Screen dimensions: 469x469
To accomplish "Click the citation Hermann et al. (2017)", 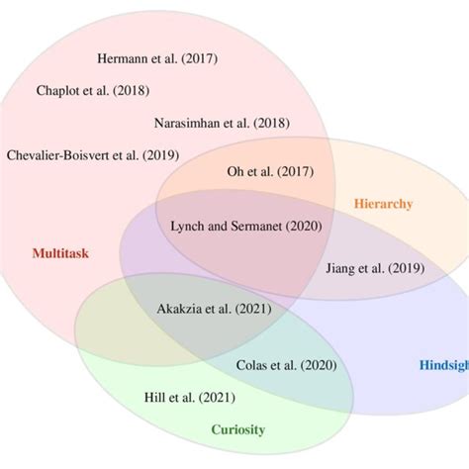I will click(159, 57).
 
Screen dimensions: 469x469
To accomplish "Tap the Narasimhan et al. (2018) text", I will click(222, 123).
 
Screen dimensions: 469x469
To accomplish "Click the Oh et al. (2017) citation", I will click(269, 171).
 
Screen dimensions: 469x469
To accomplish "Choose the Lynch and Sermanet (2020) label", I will click(247, 226).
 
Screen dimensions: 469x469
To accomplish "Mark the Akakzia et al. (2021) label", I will click(215, 310).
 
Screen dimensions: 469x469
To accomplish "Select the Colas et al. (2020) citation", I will click(286, 365).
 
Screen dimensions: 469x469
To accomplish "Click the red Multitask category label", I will click(60, 253).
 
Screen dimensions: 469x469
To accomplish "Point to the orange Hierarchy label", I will click(383, 204).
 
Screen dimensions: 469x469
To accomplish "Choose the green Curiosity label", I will click(237, 429).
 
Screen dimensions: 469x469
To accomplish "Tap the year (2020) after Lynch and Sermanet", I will click(303, 226).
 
